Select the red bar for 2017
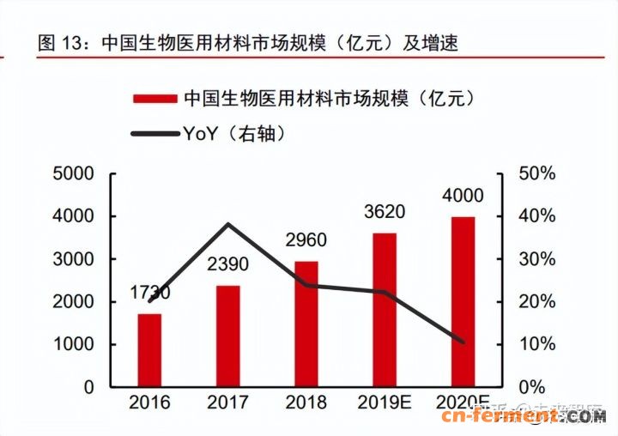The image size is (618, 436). point(227,336)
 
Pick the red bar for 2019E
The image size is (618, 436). point(385,310)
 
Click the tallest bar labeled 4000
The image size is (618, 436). point(463,301)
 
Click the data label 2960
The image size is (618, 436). point(306,241)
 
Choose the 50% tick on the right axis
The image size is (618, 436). point(537,173)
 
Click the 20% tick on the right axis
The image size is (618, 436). point(537,301)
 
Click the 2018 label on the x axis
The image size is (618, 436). point(306,403)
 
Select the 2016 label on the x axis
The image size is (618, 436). point(149,403)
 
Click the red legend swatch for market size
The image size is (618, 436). point(154,99)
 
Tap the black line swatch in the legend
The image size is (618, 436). point(154,133)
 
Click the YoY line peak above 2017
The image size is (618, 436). point(227,225)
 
